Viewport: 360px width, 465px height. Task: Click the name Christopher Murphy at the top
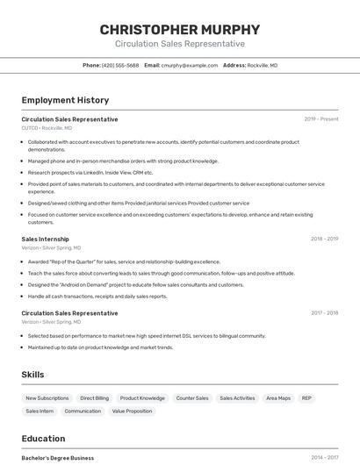click(180, 29)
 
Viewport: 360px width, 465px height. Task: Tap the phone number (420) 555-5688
click(120, 65)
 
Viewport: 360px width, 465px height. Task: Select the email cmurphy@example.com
click(190, 65)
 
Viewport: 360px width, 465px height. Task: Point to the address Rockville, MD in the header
click(262, 65)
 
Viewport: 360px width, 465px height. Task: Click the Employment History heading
click(65, 100)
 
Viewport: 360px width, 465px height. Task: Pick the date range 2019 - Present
click(321, 118)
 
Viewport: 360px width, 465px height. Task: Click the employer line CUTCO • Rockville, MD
click(47, 128)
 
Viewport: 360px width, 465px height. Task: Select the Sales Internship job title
click(45, 239)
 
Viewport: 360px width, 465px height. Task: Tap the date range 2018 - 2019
click(324, 239)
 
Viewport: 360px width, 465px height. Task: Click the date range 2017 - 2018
click(324, 312)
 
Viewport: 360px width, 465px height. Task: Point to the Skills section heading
click(32, 375)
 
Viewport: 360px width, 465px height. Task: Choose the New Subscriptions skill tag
click(47, 398)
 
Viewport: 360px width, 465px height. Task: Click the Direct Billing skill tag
click(94, 398)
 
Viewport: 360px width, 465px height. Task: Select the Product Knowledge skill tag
click(142, 398)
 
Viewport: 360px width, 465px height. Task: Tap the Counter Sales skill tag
click(192, 398)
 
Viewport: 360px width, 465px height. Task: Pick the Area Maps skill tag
click(278, 398)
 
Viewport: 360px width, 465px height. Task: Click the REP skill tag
click(306, 398)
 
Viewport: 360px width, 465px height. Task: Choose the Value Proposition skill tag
click(132, 411)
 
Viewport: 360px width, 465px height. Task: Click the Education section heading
click(43, 439)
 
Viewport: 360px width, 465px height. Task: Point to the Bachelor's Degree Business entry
click(57, 457)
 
